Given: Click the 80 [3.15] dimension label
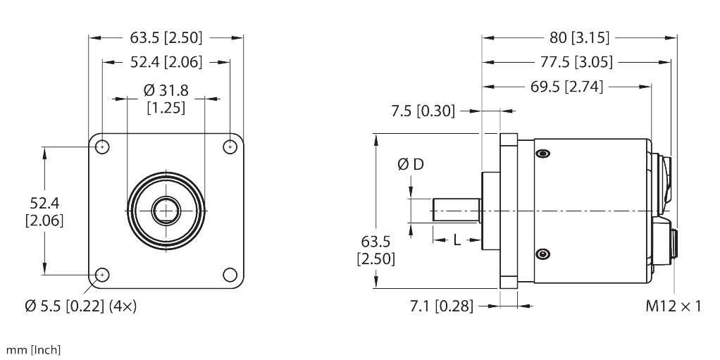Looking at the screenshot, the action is pos(580,37).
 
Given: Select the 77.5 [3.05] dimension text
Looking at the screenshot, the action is pos(576,62).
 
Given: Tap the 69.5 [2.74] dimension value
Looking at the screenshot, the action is pos(566,87).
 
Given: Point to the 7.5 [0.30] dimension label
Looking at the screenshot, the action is pos(423,111).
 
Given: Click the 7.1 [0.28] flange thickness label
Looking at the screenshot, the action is pos(441,306).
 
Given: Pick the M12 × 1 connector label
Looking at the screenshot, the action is pos(674,306).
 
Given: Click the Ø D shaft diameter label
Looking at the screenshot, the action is pos(411,164).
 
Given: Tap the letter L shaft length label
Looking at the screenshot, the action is pos(457,240).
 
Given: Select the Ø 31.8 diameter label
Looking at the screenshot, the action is pos(166,90).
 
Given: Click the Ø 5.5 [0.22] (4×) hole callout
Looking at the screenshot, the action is pos(81,306).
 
